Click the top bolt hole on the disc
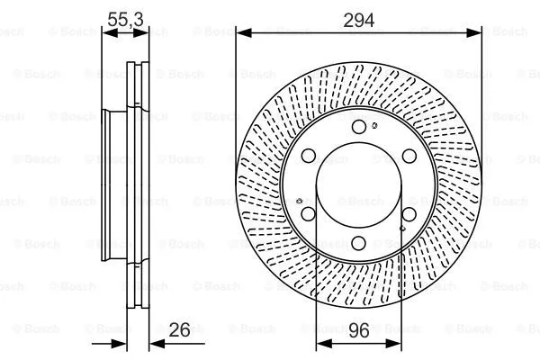[359, 126]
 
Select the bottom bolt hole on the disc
[359, 241]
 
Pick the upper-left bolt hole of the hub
[309, 155]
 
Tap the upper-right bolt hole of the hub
[409, 155]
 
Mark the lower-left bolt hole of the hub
[309, 213]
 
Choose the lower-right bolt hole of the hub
[409, 213]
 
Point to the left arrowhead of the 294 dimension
[241, 33]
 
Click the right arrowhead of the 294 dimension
[476, 33]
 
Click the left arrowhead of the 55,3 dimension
[106, 33]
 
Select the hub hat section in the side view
[113, 184]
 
